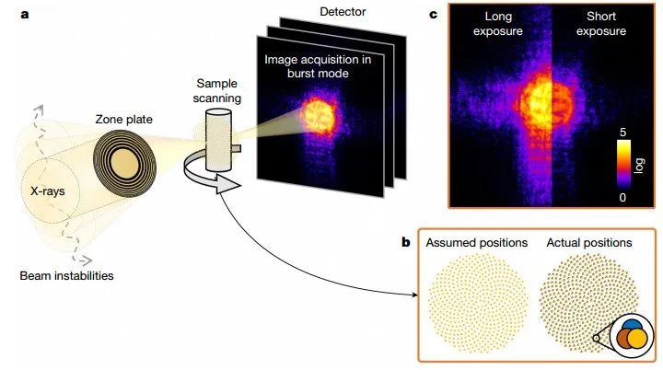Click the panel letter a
[x=10, y=14]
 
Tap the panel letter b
[x=406, y=243]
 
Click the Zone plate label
[x=124, y=119]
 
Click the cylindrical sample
[x=218, y=144]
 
